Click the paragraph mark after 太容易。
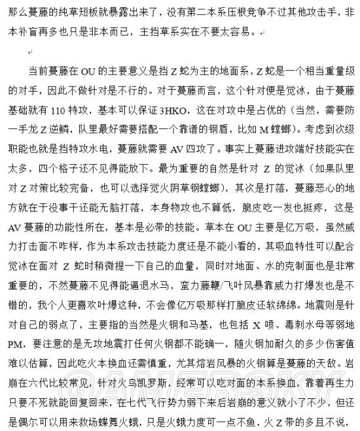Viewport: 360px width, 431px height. click(262, 31)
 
